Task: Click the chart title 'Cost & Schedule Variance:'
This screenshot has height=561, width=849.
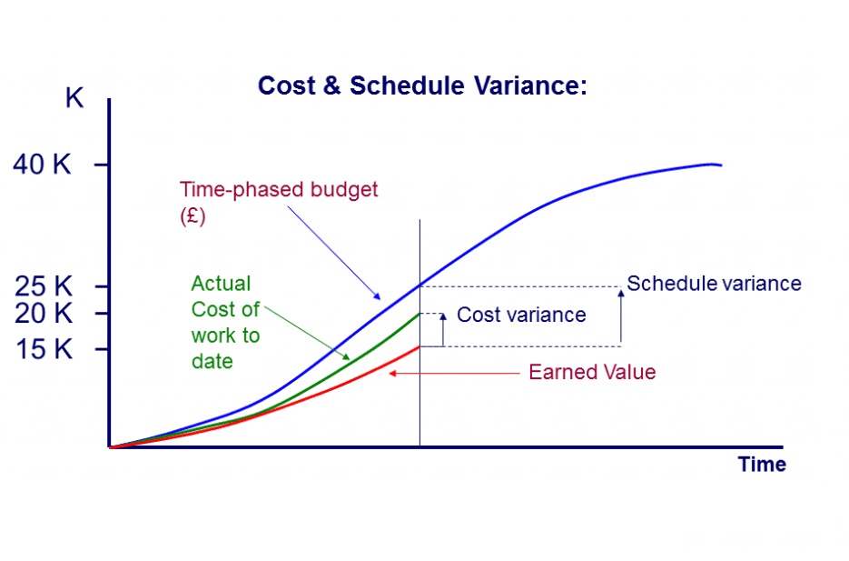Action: coord(422,85)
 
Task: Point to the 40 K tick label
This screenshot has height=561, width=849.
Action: coord(43,164)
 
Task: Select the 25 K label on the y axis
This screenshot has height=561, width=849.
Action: coord(44,286)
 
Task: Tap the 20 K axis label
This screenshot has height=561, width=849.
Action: coord(44,313)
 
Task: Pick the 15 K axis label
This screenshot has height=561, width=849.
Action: coord(44,348)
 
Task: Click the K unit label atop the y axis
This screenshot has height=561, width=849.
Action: coord(74,98)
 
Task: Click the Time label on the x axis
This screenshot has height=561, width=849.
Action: coord(762,465)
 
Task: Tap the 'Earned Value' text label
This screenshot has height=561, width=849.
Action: coord(592,373)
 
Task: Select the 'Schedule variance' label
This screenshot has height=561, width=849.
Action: coord(715,284)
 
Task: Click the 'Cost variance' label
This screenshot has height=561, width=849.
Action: coord(521,315)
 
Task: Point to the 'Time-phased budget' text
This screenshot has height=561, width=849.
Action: coord(279,190)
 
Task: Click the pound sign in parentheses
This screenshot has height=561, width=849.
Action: coord(193,216)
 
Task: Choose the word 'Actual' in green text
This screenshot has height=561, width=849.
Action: coord(221,284)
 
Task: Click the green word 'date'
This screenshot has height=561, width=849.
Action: coord(212,362)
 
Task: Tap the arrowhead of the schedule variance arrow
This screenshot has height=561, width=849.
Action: coord(621,293)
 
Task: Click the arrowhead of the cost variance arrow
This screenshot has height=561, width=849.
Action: coord(443,316)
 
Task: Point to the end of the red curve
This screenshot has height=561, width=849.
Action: coord(420,347)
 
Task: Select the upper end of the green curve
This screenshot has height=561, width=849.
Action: coord(420,314)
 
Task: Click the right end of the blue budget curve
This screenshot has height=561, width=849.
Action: coord(721,165)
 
